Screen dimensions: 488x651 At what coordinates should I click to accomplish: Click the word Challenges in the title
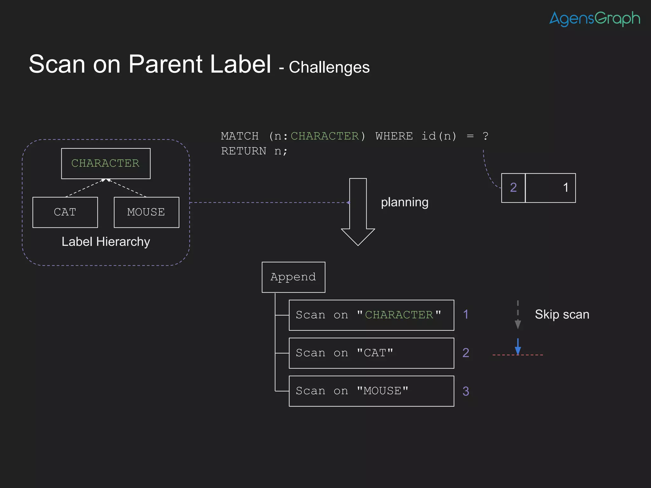[x=329, y=67]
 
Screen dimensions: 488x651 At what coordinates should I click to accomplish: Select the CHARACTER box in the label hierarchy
[x=106, y=163]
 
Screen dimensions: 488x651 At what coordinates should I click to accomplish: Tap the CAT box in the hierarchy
[x=65, y=212]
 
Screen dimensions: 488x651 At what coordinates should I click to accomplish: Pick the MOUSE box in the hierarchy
[x=146, y=212]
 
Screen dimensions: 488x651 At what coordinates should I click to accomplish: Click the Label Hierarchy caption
[x=106, y=242]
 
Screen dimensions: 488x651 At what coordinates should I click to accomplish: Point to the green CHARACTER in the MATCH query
[x=325, y=136]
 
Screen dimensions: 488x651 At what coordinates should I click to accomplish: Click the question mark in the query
[x=485, y=136]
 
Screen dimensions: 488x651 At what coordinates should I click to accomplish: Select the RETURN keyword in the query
[x=243, y=151]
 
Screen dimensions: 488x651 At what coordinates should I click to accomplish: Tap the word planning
[x=404, y=202]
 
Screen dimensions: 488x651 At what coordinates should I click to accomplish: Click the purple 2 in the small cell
[x=513, y=188]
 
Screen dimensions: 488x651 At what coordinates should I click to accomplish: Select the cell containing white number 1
[x=551, y=188]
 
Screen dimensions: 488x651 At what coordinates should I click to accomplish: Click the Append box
[x=293, y=277]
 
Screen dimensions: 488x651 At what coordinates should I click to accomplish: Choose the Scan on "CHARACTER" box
[x=371, y=315]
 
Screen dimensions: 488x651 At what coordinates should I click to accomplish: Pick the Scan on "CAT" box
[x=371, y=353]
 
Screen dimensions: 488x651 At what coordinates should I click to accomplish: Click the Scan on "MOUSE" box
[x=371, y=391]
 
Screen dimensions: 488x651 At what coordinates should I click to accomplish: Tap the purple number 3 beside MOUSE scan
[x=466, y=391]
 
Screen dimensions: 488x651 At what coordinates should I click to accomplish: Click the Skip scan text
[x=562, y=315]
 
